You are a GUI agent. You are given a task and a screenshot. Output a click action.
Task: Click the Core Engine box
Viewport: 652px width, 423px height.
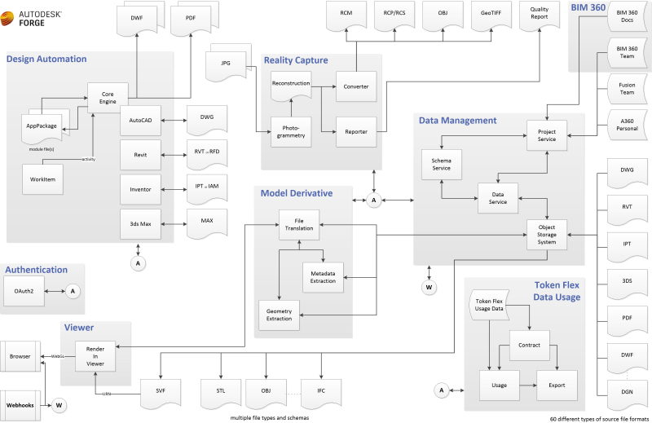tap(103, 97)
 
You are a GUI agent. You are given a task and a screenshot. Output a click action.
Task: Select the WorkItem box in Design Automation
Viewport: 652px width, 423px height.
tap(42, 179)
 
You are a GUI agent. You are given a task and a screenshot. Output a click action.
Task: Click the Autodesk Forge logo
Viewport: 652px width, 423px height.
tap(34, 15)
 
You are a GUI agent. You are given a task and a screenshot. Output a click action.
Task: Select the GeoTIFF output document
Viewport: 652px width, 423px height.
tap(491, 15)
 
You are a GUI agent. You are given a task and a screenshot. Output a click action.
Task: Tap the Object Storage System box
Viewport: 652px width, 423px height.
tap(547, 235)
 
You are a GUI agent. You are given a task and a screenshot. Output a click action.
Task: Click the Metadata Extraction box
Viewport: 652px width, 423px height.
tap(323, 275)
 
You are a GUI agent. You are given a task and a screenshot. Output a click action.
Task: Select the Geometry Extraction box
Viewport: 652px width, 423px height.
tap(279, 314)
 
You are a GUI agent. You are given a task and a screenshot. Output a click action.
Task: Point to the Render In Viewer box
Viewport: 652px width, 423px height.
tap(95, 356)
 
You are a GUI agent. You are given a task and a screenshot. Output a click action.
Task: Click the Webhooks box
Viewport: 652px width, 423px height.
tap(20, 404)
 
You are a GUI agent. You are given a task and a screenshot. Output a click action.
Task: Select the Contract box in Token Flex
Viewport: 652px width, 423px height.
tap(530, 345)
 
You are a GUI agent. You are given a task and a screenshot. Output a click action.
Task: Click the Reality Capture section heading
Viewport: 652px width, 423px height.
tap(301, 59)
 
